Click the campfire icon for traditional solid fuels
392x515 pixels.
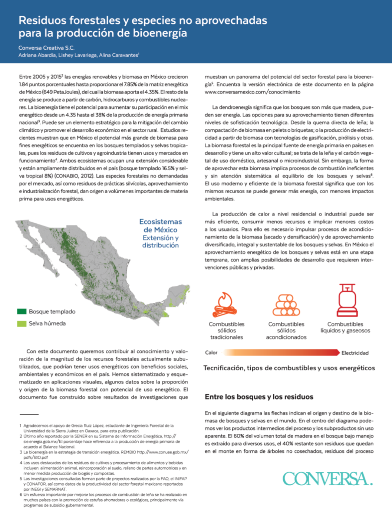(225, 304)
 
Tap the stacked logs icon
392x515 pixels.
(286, 305)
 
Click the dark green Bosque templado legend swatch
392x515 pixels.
(22, 312)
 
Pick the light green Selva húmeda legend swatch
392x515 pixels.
(22, 324)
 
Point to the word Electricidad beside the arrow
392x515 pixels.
(355, 353)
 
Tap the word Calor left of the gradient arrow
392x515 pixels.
(211, 353)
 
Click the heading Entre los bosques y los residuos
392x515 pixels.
(259, 397)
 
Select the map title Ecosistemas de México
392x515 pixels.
(161, 226)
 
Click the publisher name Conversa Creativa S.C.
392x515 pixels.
(46, 48)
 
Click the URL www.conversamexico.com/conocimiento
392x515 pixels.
(253, 92)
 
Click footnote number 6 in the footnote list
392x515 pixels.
(21, 495)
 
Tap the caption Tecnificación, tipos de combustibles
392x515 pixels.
(289, 368)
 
